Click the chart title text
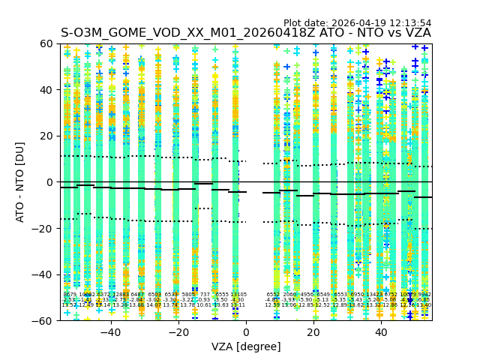[246, 33]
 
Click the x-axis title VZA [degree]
[246, 346]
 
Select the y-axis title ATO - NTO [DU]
[21, 182]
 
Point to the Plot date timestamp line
[357, 23]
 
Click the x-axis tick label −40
[110, 332]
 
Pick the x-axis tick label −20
[178, 332]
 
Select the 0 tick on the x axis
[246, 332]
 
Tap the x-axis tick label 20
[313, 332]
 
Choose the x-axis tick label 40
[381, 332]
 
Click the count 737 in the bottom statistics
[205, 295]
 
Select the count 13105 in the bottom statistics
[238, 295]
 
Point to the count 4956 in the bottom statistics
[307, 295]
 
